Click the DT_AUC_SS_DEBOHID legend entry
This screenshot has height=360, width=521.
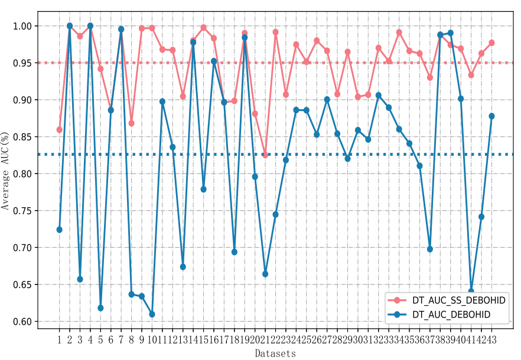pos(458,300)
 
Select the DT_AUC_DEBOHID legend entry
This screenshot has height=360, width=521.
pos(458,316)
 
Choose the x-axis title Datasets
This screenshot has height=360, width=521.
pos(275,354)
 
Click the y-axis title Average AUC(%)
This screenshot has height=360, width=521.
pos(7,172)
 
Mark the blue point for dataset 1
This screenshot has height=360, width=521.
pos(59,230)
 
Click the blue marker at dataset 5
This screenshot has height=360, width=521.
pos(100,308)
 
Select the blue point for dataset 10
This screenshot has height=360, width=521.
pos(152,314)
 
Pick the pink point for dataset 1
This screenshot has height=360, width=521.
pos(59,129)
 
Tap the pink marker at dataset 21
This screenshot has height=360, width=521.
pos(265,155)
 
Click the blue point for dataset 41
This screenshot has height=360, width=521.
pos(471,291)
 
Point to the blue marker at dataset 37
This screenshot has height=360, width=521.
pos(430,249)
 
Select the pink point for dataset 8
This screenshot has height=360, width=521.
pos(131,123)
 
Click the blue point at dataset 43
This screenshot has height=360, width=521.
pos(491,116)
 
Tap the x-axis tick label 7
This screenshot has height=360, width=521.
pos(121,339)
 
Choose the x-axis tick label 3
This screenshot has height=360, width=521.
pos(80,339)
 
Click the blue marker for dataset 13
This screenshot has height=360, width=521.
pos(183,267)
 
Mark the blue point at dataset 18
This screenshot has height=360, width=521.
pos(235,252)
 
